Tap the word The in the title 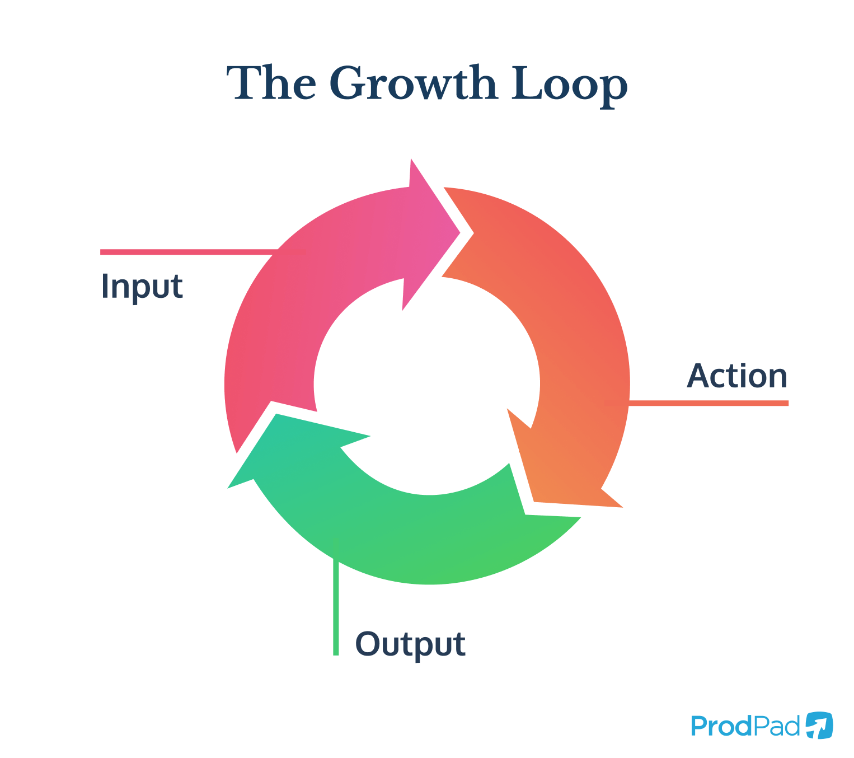271,84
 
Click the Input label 142,287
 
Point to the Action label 737,376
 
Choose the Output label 410,644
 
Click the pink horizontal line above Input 185,252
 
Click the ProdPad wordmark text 745,726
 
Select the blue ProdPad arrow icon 819,726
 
